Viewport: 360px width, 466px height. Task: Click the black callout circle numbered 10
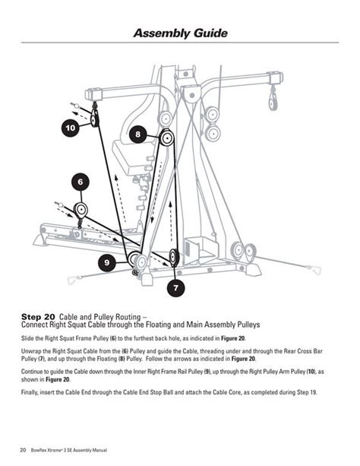70,128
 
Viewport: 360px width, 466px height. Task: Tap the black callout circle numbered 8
137,135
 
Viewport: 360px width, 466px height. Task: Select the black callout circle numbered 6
81,182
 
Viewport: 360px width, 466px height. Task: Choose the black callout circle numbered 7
176,288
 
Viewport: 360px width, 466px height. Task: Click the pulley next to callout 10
94,118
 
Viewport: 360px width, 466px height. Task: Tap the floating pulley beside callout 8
166,138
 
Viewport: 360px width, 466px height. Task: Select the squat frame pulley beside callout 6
81,208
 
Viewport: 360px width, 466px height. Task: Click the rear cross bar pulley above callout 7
174,257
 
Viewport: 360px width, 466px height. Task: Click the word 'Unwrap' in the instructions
32,351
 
